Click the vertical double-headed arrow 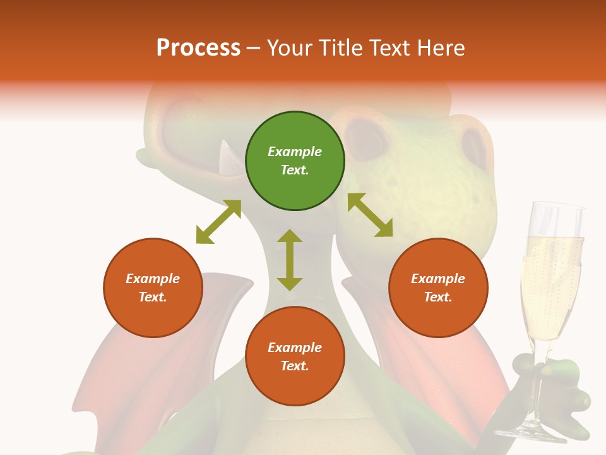click(290, 260)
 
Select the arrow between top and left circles click(218, 222)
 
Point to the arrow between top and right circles click(370, 215)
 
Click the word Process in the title click(198, 48)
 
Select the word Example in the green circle click(295, 152)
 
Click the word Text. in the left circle click(153, 297)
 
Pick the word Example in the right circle click(438, 279)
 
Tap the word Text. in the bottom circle click(295, 366)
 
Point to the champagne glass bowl click(550, 278)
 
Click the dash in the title click(254, 48)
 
